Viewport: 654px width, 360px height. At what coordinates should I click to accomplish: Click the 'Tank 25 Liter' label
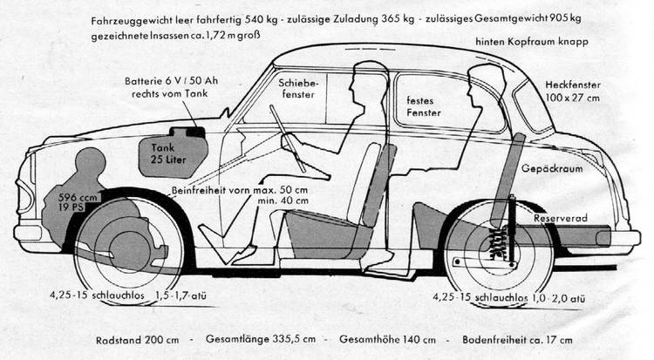tap(168, 153)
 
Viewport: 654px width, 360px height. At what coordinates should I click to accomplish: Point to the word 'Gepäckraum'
tap(552, 169)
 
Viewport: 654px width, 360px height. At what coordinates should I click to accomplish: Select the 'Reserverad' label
tap(561, 218)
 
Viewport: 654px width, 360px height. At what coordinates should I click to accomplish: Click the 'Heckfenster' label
tap(573, 85)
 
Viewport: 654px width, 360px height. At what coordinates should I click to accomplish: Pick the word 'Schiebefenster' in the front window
tap(298, 88)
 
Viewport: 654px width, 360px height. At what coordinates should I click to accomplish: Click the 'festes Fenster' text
tap(423, 107)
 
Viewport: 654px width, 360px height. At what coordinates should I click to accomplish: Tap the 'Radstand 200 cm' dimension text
tap(137, 341)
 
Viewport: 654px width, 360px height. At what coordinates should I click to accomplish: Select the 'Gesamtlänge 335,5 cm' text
tap(261, 339)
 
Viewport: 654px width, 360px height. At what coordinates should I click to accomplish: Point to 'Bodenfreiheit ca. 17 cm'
tap(517, 340)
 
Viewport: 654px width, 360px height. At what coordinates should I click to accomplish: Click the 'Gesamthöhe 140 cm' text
tap(387, 340)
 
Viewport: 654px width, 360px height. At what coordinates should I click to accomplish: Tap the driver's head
tap(367, 82)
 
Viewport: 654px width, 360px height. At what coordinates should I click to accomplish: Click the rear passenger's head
tap(486, 85)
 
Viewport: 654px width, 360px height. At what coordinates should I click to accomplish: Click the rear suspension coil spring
tap(498, 243)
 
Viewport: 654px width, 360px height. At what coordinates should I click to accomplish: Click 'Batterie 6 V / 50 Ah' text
tap(172, 81)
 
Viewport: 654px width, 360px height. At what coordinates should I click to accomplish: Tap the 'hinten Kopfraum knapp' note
tap(532, 42)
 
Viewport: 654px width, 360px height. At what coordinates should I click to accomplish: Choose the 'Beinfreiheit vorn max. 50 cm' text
tap(240, 190)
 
